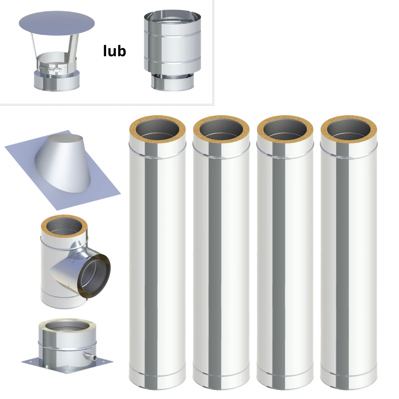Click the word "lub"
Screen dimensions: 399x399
click(x=115, y=51)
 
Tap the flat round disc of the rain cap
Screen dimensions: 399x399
click(x=57, y=23)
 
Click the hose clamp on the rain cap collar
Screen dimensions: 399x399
click(x=50, y=69)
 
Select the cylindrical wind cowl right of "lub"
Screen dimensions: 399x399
click(x=172, y=50)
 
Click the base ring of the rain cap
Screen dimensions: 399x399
click(x=57, y=81)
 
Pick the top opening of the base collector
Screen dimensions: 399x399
click(x=67, y=328)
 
